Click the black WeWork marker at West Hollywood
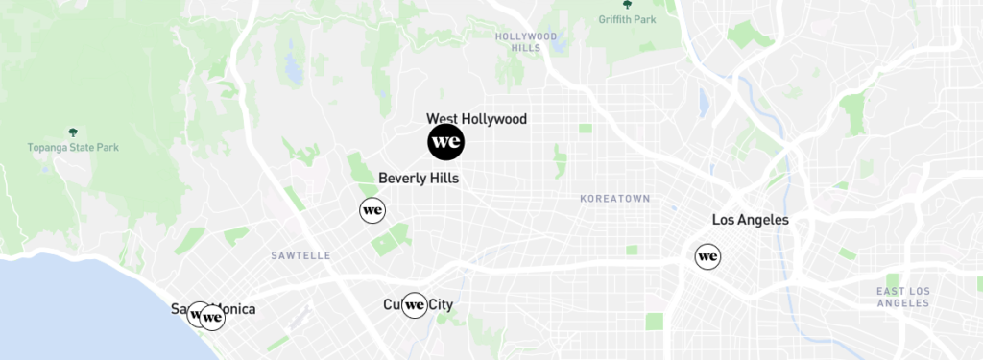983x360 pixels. click(x=445, y=143)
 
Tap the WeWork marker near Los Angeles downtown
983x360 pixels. click(x=707, y=256)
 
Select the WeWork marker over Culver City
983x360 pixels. click(x=415, y=305)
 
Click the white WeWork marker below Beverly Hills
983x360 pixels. click(x=372, y=210)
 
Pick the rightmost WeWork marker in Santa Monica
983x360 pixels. click(x=212, y=317)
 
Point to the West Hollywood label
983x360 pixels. click(x=476, y=119)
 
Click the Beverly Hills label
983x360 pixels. click(x=419, y=179)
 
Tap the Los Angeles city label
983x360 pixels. click(x=750, y=220)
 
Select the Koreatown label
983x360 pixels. click(x=614, y=198)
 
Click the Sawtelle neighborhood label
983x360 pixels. click(x=300, y=256)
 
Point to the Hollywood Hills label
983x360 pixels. click(x=526, y=41)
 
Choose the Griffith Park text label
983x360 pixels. click(x=627, y=18)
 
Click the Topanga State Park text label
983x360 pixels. click(x=72, y=148)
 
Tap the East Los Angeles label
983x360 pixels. click(x=902, y=297)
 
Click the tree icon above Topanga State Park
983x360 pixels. click(x=72, y=132)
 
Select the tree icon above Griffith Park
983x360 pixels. click(x=627, y=4)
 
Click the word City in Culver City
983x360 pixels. click(x=440, y=305)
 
